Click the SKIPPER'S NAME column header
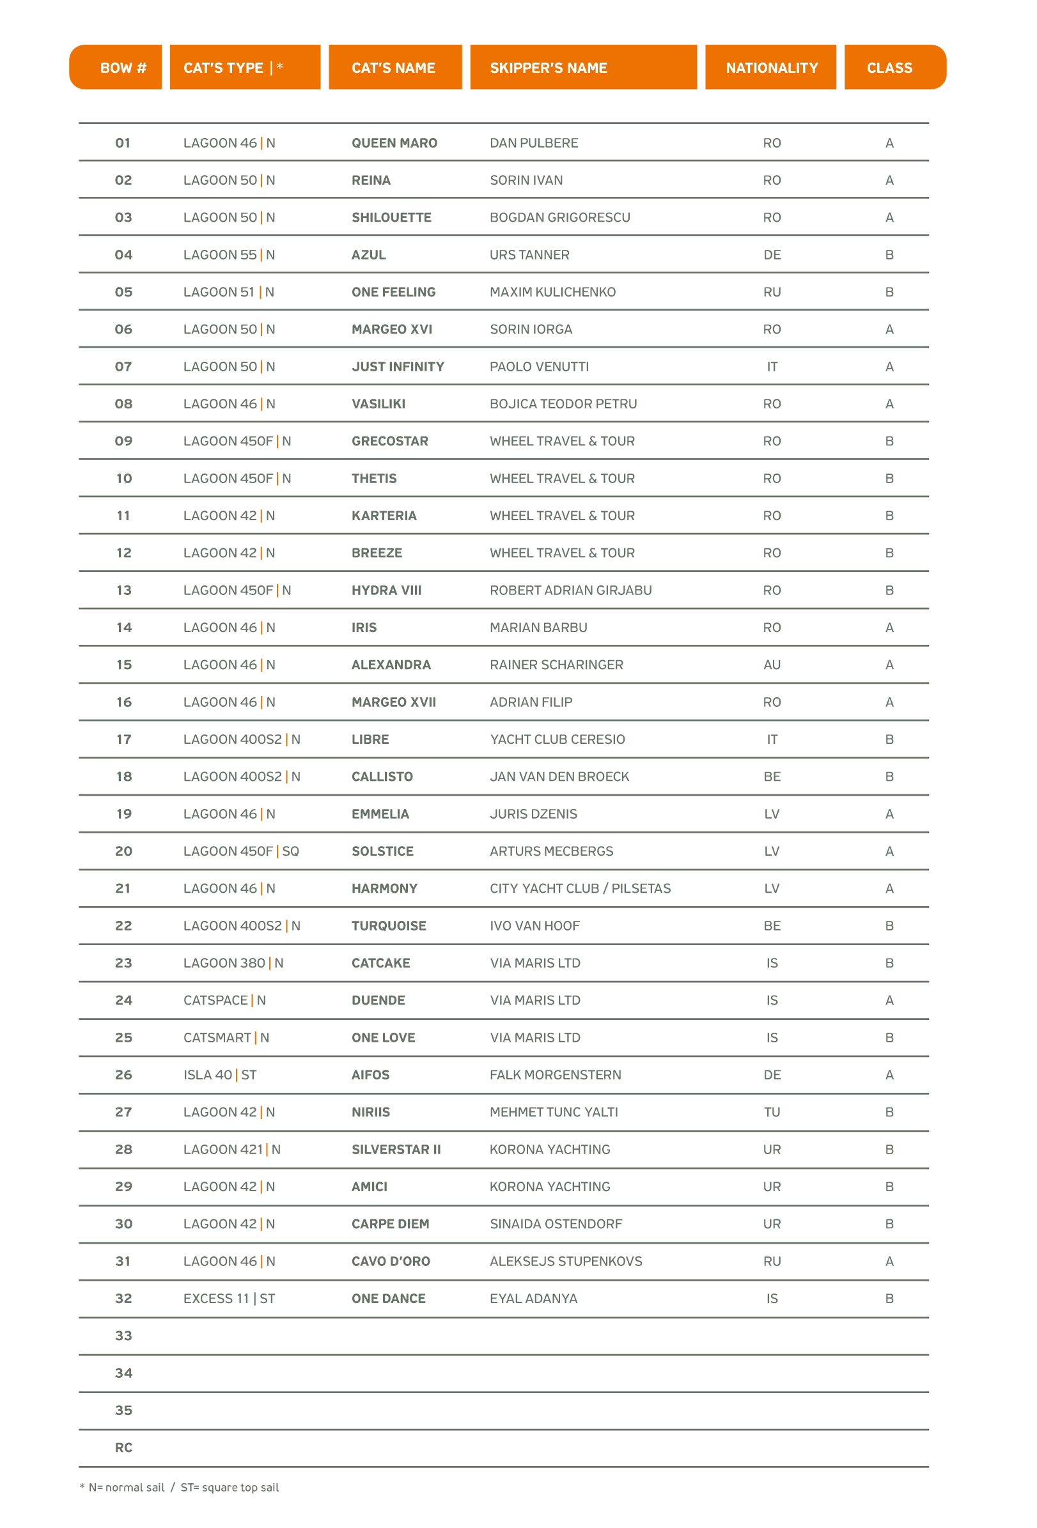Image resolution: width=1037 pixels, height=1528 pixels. (x=549, y=68)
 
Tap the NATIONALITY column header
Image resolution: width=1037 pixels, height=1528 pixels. (x=771, y=68)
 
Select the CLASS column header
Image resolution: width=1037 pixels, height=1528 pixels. (x=889, y=68)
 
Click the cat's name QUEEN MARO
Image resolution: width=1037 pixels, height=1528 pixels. (x=394, y=143)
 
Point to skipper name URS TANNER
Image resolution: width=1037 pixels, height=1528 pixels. (x=529, y=255)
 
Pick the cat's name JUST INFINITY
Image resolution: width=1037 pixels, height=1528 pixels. (x=398, y=367)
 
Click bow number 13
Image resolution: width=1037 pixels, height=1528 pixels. (x=123, y=590)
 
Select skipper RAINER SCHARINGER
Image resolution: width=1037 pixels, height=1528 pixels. (x=556, y=665)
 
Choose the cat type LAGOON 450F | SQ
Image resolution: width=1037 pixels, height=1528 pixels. (x=241, y=851)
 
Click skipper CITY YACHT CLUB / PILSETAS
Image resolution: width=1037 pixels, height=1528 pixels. (x=580, y=888)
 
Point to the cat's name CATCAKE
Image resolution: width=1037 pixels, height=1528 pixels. (x=381, y=963)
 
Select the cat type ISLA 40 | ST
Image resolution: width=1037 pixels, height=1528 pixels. (x=220, y=1075)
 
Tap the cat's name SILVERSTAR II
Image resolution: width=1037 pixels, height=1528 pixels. (x=396, y=1149)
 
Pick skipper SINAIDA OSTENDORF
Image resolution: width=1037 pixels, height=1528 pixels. (x=556, y=1224)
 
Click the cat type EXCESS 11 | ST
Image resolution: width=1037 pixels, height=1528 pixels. (x=229, y=1299)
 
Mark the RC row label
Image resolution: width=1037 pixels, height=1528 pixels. (x=123, y=1447)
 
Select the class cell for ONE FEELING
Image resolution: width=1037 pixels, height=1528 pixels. (x=889, y=292)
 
